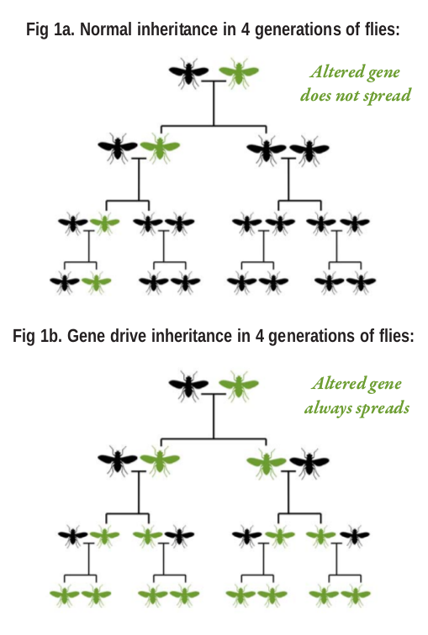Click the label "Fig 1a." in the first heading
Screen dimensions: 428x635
coord(50,29)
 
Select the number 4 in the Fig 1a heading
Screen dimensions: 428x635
coord(246,29)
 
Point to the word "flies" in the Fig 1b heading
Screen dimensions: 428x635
coord(392,336)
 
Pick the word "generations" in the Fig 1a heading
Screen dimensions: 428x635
coord(296,30)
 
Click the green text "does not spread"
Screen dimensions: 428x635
coord(356,96)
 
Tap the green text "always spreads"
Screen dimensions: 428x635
coord(357,408)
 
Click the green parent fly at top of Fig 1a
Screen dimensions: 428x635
coord(239,73)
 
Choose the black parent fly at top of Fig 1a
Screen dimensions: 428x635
coord(188,73)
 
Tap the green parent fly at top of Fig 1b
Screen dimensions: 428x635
coord(239,386)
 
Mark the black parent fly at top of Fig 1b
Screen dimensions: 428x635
coord(188,386)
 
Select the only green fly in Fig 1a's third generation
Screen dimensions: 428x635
coord(104,223)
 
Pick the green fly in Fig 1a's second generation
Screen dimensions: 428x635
coord(160,148)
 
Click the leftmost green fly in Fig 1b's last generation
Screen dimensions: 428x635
coord(65,596)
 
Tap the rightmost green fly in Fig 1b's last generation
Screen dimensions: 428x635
coord(356,596)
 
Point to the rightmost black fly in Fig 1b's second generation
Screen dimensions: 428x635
coord(309,461)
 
